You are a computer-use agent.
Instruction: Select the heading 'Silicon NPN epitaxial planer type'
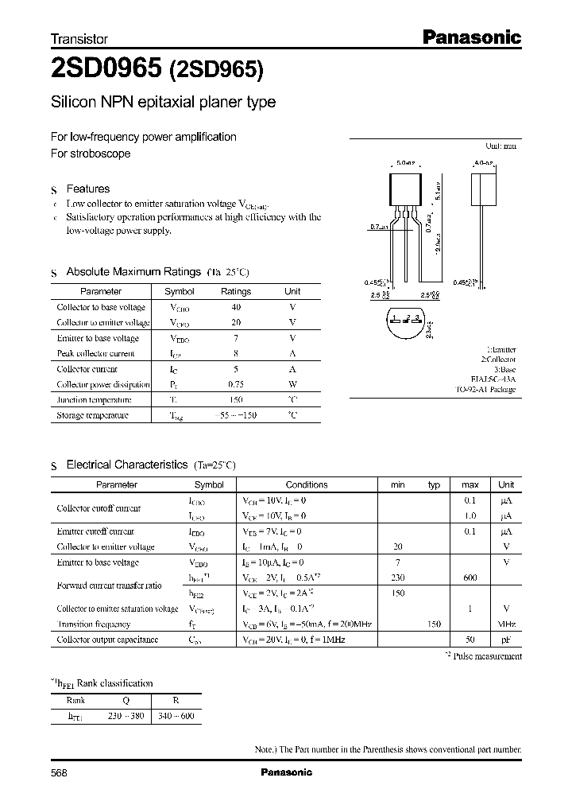click(163, 103)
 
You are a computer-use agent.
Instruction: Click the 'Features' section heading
click(87, 189)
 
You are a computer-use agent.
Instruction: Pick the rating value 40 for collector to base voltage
click(235, 307)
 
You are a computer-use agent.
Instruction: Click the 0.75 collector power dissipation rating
click(235, 384)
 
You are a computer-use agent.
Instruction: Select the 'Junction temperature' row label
click(94, 400)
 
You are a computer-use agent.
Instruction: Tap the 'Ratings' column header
click(235, 291)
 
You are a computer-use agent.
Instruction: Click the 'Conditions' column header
click(307, 484)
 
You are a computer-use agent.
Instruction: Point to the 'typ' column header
click(434, 484)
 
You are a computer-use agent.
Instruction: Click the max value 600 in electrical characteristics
click(470, 577)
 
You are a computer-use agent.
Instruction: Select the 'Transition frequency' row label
click(93, 624)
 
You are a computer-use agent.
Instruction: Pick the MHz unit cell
click(505, 624)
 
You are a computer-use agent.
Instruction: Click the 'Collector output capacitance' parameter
click(107, 640)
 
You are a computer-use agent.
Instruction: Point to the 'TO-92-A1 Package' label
click(485, 391)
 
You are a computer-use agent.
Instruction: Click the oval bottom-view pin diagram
click(405, 322)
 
